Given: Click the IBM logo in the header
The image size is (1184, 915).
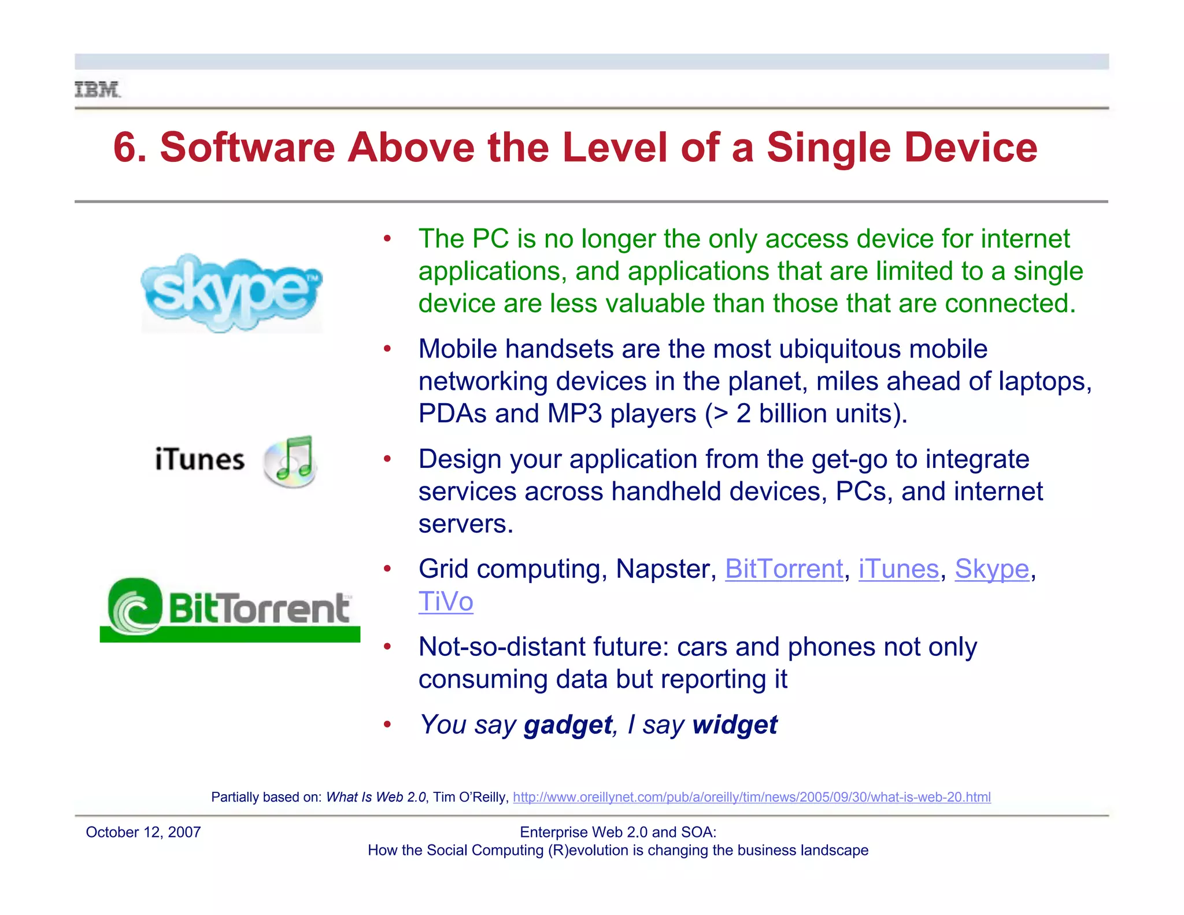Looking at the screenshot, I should tap(97, 90).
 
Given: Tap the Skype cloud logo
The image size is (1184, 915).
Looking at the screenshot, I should tap(231, 293).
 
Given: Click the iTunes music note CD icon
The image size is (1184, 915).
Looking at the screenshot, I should tap(290, 461).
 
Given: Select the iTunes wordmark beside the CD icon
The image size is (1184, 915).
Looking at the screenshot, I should tap(199, 460).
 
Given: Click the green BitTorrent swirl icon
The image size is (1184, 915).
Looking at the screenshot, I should tap(135, 607).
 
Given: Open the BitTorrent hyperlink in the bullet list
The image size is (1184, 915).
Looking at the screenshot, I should tap(784, 569).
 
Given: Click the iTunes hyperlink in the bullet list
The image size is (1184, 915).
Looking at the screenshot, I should tap(898, 569).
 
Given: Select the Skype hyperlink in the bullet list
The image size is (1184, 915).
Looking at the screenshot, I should tap(991, 569).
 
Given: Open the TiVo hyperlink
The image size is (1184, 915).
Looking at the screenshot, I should tap(446, 602).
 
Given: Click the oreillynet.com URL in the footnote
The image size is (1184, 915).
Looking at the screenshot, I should tap(752, 797).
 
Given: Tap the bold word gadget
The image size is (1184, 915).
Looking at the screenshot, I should tap(568, 725).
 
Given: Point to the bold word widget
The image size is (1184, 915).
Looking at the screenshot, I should tap(735, 725).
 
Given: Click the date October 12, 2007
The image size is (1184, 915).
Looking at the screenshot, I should tap(143, 832).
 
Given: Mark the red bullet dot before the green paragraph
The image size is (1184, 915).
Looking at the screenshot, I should tap(387, 239).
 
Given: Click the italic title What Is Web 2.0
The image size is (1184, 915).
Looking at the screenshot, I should tap(376, 797).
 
